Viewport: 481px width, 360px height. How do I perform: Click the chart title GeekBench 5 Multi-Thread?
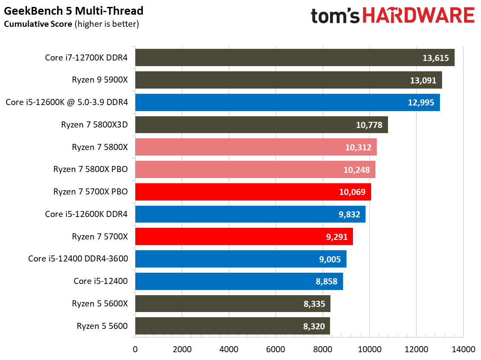pyautogui.click(x=74, y=10)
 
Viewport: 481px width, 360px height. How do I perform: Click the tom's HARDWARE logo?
pyautogui.click(x=392, y=16)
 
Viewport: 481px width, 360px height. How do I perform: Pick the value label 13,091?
pyautogui.click(x=424, y=80)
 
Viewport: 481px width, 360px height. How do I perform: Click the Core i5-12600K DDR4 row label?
pyautogui.click(x=86, y=214)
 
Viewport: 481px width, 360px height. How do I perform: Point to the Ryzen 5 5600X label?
pyautogui.click(x=100, y=303)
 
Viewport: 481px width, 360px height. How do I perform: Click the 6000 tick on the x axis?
pyautogui.click(x=276, y=349)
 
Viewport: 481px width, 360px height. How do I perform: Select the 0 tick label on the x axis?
pyautogui.click(x=135, y=349)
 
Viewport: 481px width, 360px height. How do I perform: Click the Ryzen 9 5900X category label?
pyautogui.click(x=100, y=80)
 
